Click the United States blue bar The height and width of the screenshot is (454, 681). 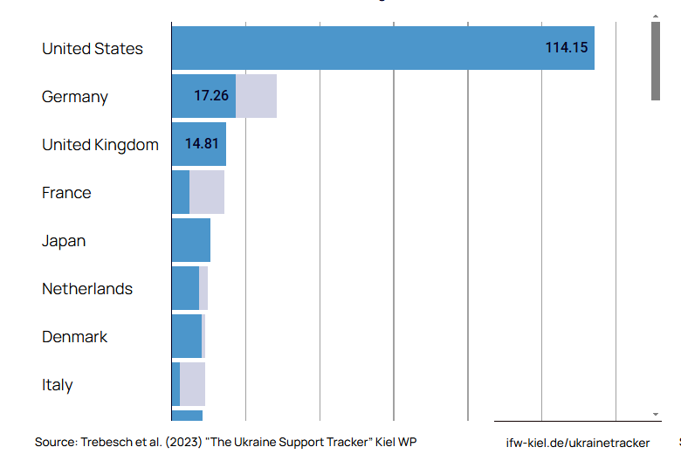pyautogui.click(x=349, y=48)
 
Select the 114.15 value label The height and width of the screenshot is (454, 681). pyautogui.click(x=567, y=48)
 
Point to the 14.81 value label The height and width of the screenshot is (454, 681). pyautogui.click(x=202, y=144)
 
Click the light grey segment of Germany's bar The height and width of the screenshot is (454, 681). pyautogui.click(x=256, y=96)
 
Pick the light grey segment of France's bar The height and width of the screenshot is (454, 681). pyautogui.click(x=207, y=192)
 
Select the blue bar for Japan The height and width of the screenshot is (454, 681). pyautogui.click(x=190, y=240)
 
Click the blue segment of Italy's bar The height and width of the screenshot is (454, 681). pyautogui.click(x=175, y=384)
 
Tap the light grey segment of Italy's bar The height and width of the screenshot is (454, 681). pyautogui.click(x=192, y=384)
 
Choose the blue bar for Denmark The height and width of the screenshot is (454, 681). pyautogui.click(x=187, y=336)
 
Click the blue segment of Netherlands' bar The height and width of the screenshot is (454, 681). pyautogui.click(x=185, y=288)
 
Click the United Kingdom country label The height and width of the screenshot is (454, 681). pyautogui.click(x=100, y=145)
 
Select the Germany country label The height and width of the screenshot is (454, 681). pyautogui.click(x=75, y=97)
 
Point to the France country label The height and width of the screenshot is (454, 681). pyautogui.click(x=66, y=193)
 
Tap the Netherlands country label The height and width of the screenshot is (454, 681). pyautogui.click(x=87, y=289)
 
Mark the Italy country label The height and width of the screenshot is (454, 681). pyautogui.click(x=58, y=385)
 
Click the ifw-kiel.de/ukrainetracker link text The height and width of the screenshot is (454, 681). pyautogui.click(x=578, y=443)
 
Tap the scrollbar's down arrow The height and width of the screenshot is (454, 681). pyautogui.click(x=656, y=413)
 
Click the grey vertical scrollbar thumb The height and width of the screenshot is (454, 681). pyautogui.click(x=656, y=61)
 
